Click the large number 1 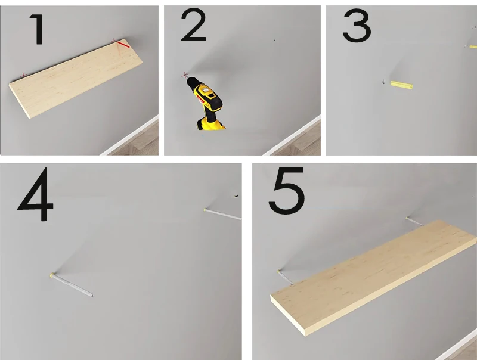[x=38, y=29]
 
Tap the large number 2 [x=193, y=24]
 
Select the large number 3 [x=357, y=26]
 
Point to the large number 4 [x=36, y=194]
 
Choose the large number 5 [x=287, y=191]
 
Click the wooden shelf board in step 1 [x=76, y=78]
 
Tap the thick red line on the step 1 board [x=124, y=45]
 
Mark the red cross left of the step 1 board [x=23, y=75]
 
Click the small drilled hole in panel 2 [x=275, y=40]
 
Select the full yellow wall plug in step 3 [x=401, y=85]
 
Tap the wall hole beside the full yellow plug [x=383, y=82]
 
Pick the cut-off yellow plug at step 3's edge [x=473, y=47]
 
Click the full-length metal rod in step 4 [x=72, y=285]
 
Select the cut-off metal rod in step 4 [x=222, y=214]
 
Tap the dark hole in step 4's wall [x=236, y=196]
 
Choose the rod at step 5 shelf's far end [x=414, y=222]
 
